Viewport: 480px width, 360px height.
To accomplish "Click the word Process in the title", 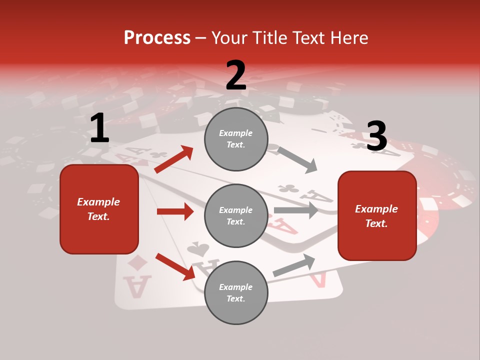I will click(x=157, y=38).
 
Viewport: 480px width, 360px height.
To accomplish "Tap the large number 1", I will click(x=99, y=128).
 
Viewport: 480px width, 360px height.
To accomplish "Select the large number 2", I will click(x=235, y=75).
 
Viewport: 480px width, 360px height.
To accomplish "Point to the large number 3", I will click(x=376, y=136).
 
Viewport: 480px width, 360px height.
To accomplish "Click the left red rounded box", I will click(x=99, y=209).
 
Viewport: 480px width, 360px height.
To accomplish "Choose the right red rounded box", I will click(x=377, y=215).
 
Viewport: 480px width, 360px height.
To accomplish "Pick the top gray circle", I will click(x=236, y=139).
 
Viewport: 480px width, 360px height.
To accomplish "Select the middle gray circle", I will click(x=236, y=215).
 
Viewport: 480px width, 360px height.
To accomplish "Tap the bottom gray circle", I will click(x=236, y=292).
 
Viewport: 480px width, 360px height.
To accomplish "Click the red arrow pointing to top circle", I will click(x=174, y=159).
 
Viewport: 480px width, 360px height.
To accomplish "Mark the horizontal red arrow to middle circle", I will click(x=175, y=211).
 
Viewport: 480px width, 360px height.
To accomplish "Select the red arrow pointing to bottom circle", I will click(x=175, y=266).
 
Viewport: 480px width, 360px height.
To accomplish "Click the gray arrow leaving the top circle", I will click(x=297, y=159).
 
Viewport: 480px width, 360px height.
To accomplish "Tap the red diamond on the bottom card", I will click(x=136, y=262).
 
